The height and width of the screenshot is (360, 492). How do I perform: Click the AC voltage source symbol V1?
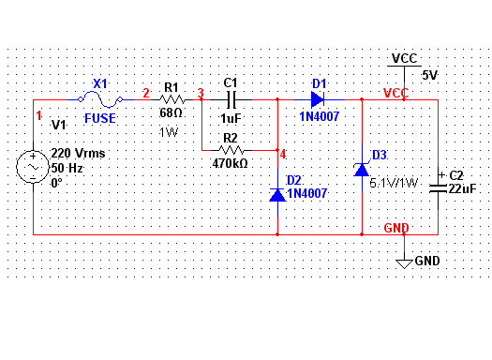coord(33,167)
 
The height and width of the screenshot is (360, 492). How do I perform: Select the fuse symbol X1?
coord(100,99)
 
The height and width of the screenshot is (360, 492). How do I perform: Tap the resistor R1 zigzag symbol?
coord(171,99)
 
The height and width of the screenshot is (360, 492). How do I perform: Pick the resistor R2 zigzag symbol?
coord(231,150)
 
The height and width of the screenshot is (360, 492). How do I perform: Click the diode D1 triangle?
coord(318,99)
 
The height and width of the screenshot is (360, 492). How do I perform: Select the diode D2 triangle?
coord(277,195)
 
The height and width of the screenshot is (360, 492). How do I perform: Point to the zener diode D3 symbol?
coord(362,170)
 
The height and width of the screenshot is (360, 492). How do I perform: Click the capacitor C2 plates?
coord(438,188)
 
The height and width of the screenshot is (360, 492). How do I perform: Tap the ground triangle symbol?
coord(404,264)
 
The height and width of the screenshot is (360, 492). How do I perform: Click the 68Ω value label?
coord(171,113)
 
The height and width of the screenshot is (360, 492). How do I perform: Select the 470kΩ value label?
coord(230,163)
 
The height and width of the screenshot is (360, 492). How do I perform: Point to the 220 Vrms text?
coord(78,153)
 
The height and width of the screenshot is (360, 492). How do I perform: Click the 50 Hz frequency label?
coord(67,168)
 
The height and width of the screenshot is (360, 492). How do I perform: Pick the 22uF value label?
coord(463,189)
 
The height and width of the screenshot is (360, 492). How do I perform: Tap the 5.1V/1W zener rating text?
coord(394,183)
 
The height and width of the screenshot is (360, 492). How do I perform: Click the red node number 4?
coord(283,155)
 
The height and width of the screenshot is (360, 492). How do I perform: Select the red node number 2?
coord(146,93)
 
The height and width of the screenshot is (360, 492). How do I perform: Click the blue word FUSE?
coord(100,118)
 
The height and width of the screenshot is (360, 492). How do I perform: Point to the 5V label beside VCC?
coord(429,75)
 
